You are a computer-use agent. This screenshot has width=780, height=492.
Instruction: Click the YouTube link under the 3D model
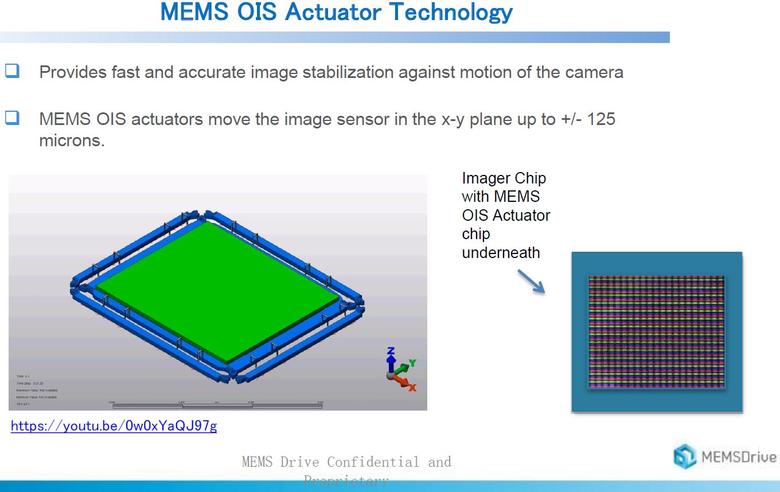coord(114,426)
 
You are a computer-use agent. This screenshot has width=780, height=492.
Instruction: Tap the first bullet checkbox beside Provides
coord(13,71)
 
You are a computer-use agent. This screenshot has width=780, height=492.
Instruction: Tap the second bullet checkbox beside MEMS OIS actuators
coord(13,118)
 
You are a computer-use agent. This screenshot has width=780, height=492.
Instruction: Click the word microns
coord(72,140)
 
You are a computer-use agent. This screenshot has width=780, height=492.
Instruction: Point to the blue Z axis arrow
coord(391,358)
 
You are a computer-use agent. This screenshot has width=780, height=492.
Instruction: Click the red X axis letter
coord(412,388)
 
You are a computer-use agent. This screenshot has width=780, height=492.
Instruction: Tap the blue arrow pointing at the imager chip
coord(531,282)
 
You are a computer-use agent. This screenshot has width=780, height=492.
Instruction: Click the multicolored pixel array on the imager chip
coord(656,331)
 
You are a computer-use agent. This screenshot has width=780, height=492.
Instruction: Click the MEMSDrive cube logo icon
coord(685,457)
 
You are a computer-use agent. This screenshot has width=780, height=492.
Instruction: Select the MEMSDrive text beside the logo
coord(739,458)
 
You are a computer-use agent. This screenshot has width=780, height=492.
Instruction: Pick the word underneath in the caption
coord(501,252)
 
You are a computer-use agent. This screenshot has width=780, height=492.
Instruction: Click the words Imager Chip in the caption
coord(504,178)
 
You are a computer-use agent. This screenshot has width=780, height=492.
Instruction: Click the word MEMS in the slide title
coord(193,12)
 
